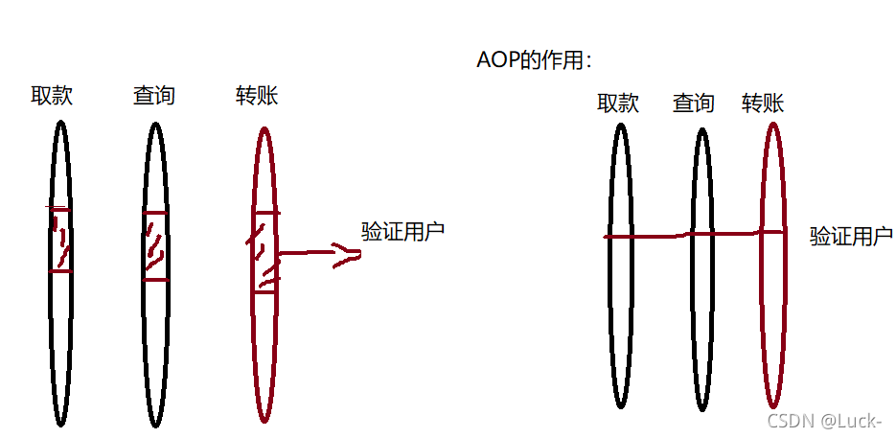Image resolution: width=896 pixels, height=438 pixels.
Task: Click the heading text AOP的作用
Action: click(x=533, y=60)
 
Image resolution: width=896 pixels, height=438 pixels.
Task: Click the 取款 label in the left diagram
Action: click(x=52, y=96)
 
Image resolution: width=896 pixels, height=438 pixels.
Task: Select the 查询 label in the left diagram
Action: click(x=154, y=96)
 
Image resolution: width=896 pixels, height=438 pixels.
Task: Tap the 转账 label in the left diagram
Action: click(x=257, y=96)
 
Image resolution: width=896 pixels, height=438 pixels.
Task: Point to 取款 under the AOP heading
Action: click(x=618, y=103)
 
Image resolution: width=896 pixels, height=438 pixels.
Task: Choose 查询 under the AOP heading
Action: click(x=693, y=103)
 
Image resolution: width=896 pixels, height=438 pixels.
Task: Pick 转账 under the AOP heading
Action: click(x=763, y=103)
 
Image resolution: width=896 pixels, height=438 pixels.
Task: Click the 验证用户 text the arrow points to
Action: click(x=402, y=231)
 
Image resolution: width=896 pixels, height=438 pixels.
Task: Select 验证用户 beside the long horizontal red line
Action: click(x=851, y=237)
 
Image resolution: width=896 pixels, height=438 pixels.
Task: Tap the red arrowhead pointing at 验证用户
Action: click(x=348, y=254)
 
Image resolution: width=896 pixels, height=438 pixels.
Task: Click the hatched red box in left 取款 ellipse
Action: click(x=60, y=240)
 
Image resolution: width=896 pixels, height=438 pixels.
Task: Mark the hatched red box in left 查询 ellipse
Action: click(x=154, y=245)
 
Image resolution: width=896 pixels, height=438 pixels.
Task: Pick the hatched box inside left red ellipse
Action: click(x=265, y=251)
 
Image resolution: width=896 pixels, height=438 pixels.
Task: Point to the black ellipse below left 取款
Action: click(x=60, y=364)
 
